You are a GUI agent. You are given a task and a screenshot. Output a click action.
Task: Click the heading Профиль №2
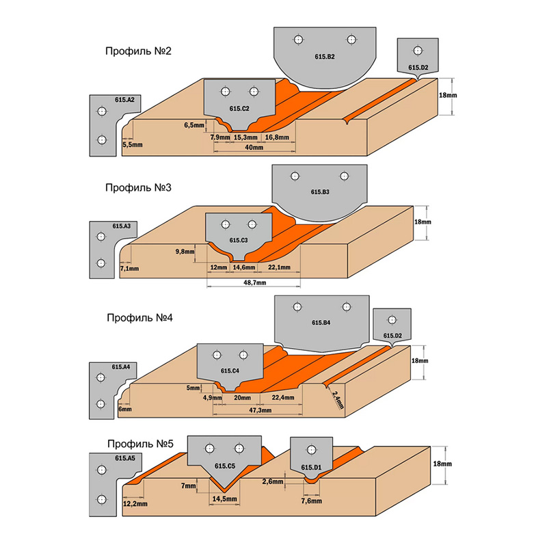137,51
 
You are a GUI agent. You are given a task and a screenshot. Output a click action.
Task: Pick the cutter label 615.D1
311,468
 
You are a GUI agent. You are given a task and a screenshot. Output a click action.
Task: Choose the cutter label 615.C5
225,466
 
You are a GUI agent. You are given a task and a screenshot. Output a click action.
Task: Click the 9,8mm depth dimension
185,252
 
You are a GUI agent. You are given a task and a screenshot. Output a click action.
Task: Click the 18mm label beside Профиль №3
423,222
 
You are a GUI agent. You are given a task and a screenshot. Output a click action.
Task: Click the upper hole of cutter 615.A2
102,111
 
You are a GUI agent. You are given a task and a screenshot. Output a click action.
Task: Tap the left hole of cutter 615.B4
297,306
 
